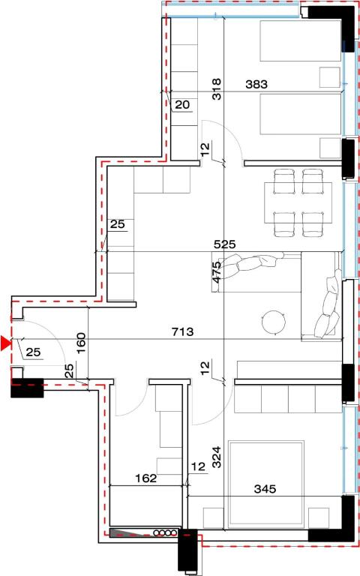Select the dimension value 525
[x=225, y=244]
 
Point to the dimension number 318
[x=217, y=89]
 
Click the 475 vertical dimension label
[x=217, y=271]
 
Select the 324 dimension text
[x=217, y=457]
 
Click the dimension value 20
[x=182, y=105]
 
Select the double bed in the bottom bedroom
[x=266, y=484]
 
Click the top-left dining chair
[x=284, y=181]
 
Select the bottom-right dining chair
[x=313, y=223]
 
